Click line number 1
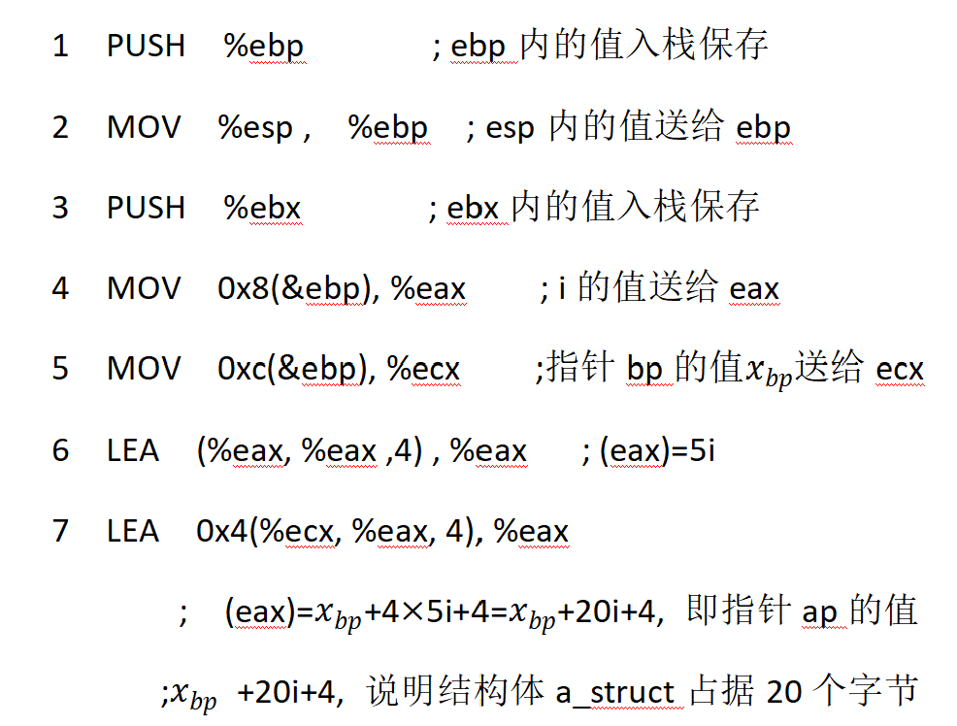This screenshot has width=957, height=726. (x=60, y=46)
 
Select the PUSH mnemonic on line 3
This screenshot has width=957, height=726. (x=146, y=207)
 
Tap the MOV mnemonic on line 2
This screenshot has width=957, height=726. (x=144, y=127)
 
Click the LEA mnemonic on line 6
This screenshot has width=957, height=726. (x=133, y=450)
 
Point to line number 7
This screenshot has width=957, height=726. (x=60, y=531)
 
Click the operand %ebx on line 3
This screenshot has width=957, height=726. (x=263, y=207)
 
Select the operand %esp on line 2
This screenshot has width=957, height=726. (x=255, y=128)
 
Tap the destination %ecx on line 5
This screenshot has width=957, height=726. (x=424, y=370)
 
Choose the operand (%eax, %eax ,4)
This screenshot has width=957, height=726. (x=310, y=451)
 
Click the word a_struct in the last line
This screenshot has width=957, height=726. (x=615, y=693)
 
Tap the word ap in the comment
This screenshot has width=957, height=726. (x=820, y=612)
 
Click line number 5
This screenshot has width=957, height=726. (x=60, y=370)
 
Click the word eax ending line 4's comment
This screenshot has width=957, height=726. (x=754, y=289)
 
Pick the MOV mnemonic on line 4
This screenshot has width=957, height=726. (x=144, y=289)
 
